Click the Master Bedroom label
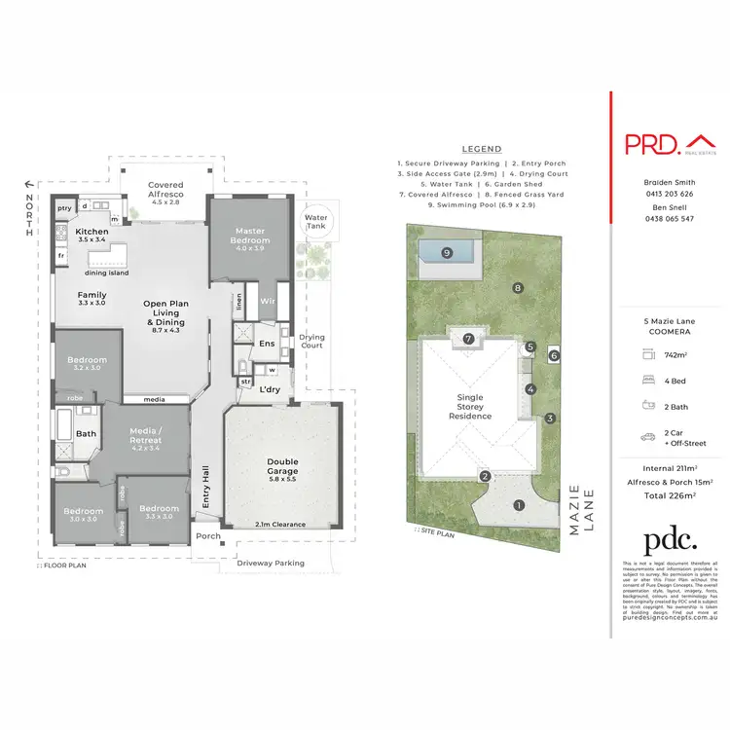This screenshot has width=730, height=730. [249, 236]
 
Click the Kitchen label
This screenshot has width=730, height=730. [92, 233]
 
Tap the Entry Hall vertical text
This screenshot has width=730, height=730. [204, 482]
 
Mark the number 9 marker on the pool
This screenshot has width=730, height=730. [446, 253]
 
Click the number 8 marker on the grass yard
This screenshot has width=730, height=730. [518, 287]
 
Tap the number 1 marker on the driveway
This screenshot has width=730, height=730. [519, 505]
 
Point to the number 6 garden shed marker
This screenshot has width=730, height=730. [554, 356]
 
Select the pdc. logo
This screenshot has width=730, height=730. [670, 541]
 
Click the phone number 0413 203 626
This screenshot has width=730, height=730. [670, 194]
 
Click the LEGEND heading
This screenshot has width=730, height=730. [482, 149]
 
